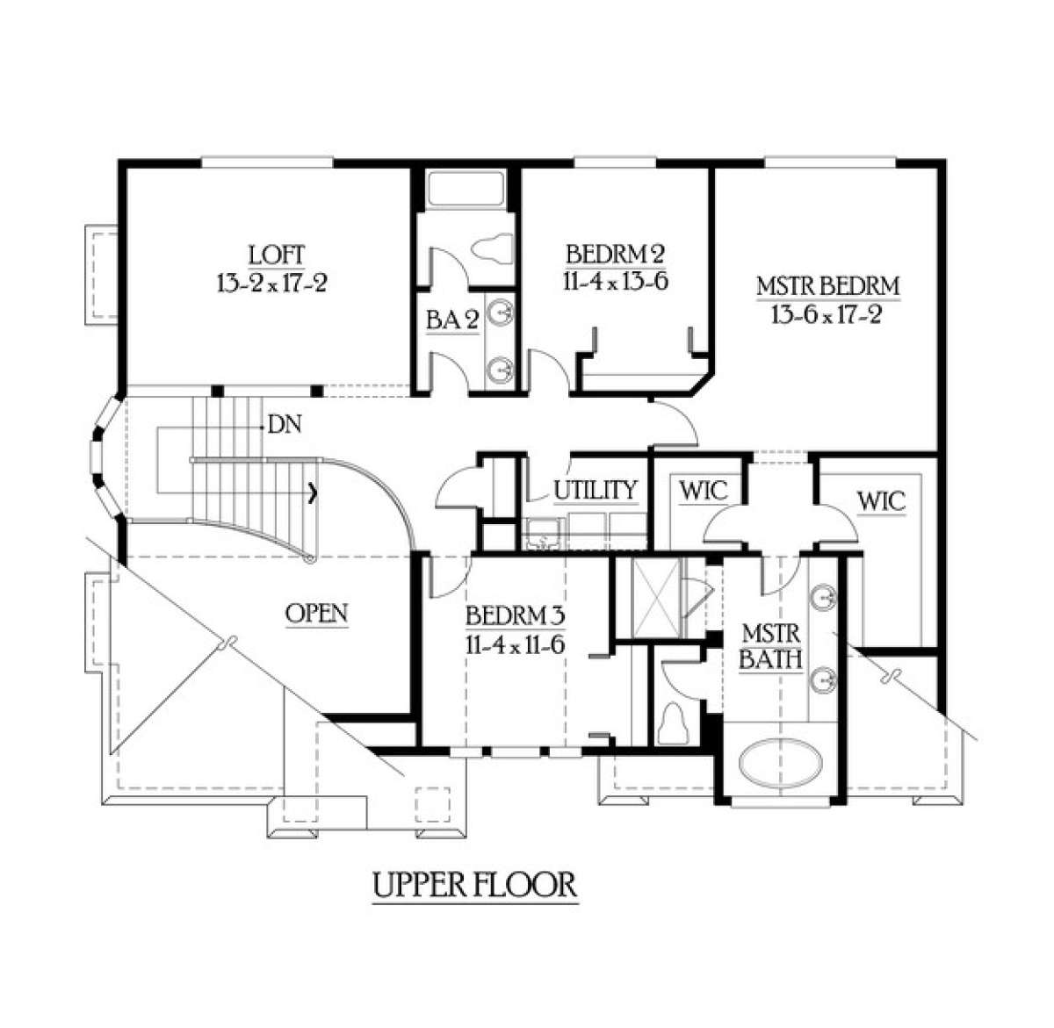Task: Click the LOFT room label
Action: coord(277,255)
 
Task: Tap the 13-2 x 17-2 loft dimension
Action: coord(270,283)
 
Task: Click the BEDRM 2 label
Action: coord(615,255)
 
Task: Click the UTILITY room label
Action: coord(595,490)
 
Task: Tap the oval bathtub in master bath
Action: coord(782,762)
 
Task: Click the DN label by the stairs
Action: coord(285,426)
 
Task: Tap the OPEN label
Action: coord(317,613)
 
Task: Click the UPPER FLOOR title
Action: coord(475,885)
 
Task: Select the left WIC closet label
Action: coord(704,491)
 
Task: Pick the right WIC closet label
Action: coord(881,501)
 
